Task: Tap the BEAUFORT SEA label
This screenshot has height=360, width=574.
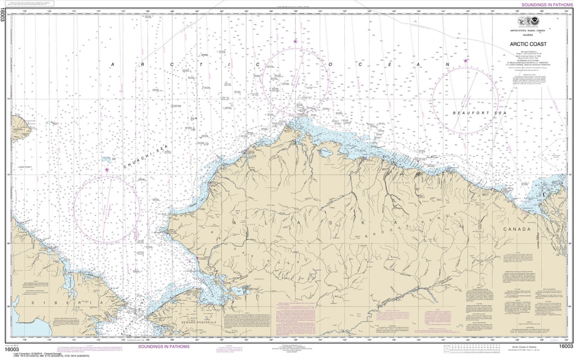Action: (x=465, y=113)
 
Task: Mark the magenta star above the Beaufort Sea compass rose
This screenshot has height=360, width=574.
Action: (x=466, y=61)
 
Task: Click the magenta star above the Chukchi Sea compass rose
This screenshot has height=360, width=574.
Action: (x=107, y=170)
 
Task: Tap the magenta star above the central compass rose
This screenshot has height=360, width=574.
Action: (x=296, y=41)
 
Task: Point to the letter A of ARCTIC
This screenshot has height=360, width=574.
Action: (x=112, y=64)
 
